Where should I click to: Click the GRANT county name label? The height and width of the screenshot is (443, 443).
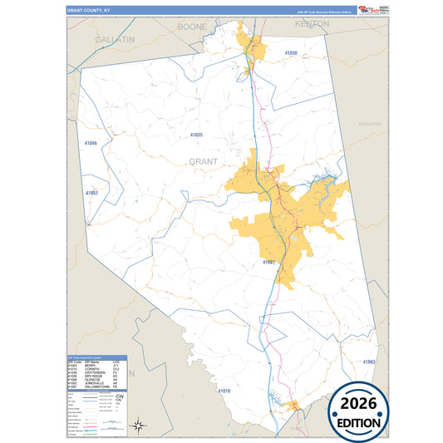204,161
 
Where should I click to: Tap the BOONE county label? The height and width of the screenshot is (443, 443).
193,27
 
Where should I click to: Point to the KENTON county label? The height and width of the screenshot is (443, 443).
312,25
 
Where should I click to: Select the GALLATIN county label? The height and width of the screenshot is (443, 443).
115,39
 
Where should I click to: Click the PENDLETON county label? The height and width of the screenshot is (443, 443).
369,123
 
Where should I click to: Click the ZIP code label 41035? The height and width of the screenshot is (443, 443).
196,135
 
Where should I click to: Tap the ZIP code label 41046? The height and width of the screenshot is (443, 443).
91,143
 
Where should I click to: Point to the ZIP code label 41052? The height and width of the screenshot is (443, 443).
92,193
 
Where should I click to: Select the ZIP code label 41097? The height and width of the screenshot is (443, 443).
268,262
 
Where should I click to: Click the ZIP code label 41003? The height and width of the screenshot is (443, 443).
369,362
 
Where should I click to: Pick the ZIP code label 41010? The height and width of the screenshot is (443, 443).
224,391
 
